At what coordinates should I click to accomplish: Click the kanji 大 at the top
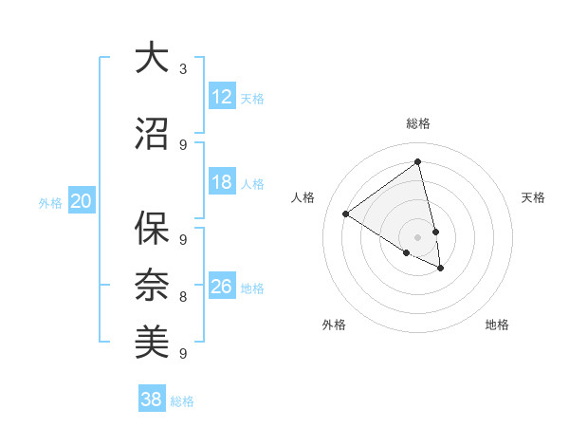(152, 58)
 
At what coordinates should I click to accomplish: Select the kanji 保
(152, 229)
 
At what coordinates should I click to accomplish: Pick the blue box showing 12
(222, 97)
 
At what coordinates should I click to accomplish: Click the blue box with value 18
(222, 183)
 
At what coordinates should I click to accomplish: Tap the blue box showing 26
(222, 287)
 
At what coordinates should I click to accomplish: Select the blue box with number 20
(82, 201)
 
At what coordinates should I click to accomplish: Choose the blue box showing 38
(152, 400)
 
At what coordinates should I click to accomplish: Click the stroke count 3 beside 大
(183, 69)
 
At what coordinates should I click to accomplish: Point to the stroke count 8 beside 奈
(183, 297)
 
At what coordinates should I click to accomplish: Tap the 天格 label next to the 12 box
(252, 98)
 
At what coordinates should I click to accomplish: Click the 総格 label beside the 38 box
(182, 401)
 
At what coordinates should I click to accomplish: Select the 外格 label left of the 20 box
(50, 202)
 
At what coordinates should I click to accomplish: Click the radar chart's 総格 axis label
(418, 123)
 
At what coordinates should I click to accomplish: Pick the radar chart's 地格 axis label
(497, 325)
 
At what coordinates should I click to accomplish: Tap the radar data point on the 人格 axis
(346, 214)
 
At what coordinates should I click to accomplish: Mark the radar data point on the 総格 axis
(418, 162)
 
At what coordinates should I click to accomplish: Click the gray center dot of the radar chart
(418, 236)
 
